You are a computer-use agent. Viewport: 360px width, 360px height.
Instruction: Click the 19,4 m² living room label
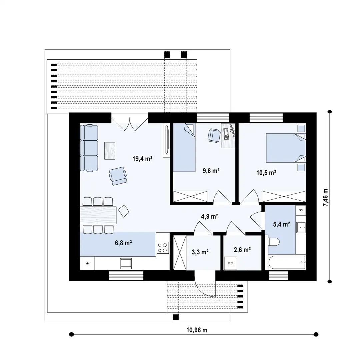coord(142,159)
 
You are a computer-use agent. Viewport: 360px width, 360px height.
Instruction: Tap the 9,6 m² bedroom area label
coord(211,171)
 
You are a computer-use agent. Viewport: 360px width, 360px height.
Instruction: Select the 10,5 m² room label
coord(266,173)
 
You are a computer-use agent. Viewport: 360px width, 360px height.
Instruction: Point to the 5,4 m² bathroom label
coord(281,224)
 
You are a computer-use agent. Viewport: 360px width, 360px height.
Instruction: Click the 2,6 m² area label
coord(242,250)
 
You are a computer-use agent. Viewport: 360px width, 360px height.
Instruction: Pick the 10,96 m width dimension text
coord(197,330)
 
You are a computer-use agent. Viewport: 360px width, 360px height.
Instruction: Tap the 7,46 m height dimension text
coord(325,197)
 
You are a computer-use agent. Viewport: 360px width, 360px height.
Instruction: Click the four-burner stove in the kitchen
coord(163,248)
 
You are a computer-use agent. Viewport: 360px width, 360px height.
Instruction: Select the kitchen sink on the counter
coord(126,263)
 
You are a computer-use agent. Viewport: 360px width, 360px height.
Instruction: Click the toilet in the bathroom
coord(273,242)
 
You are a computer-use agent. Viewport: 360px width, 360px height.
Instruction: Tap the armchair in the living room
coord(118,176)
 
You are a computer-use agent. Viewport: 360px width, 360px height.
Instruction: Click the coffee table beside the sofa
coord(110,151)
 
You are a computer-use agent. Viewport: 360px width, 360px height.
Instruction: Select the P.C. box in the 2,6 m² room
coord(231,263)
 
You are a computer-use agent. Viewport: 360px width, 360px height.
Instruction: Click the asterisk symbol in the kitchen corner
coord(87,264)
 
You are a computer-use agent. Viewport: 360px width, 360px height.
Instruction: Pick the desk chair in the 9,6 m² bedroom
coord(214,136)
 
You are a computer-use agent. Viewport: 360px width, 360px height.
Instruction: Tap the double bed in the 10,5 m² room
coord(286,148)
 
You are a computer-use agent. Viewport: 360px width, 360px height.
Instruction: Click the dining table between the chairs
coord(98,215)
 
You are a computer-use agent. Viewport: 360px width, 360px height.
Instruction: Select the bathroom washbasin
coord(301,228)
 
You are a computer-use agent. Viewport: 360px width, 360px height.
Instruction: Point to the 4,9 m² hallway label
coord(210,216)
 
